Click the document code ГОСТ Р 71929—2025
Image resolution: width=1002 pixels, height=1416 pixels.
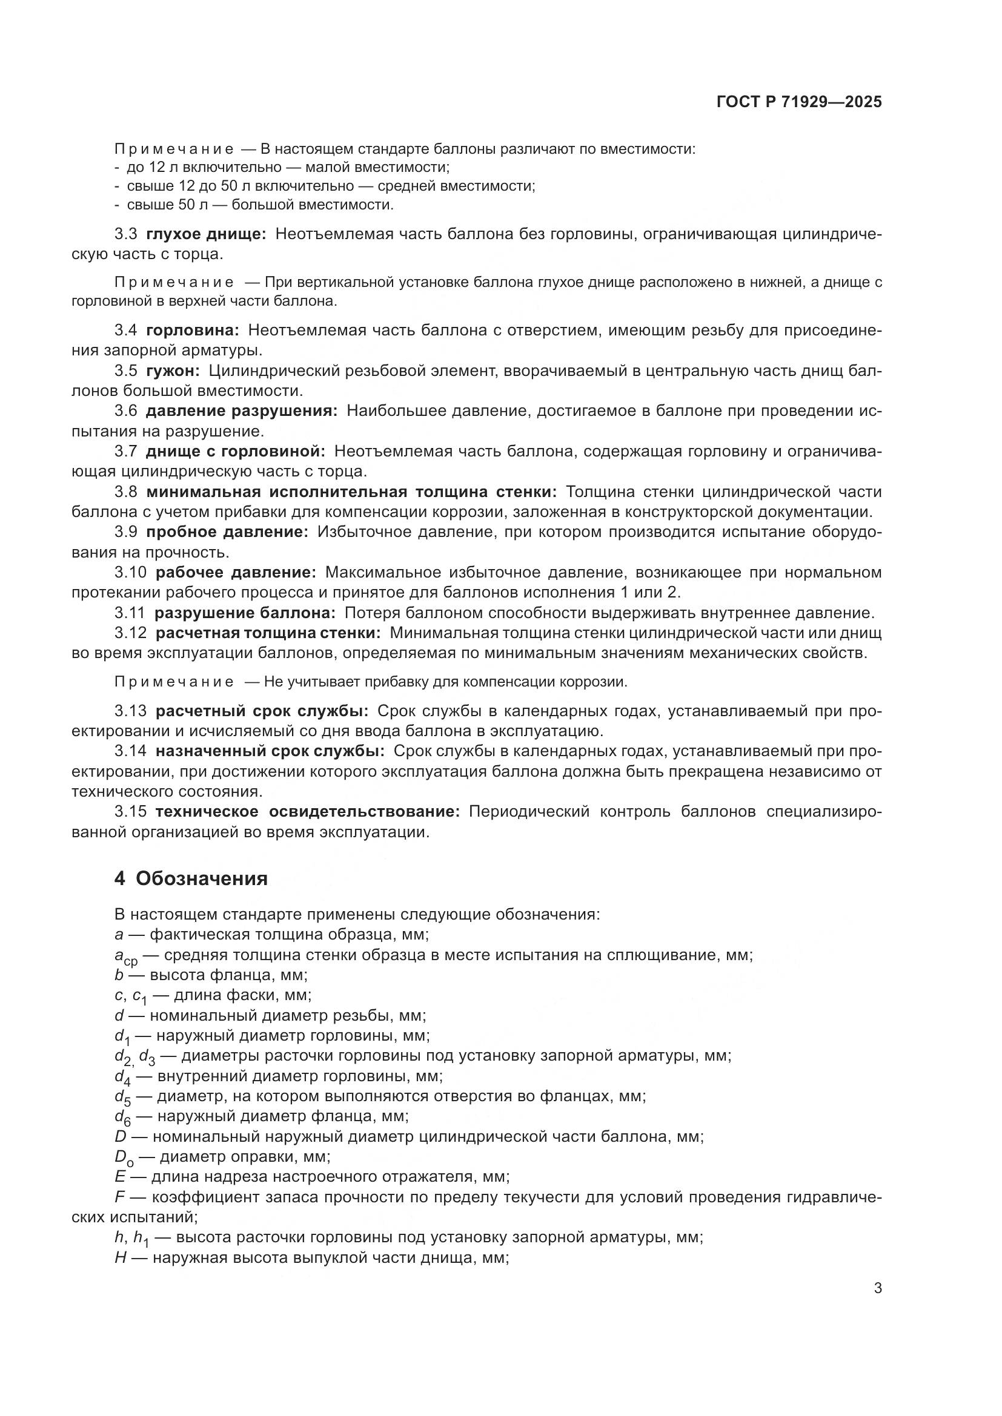tap(799, 102)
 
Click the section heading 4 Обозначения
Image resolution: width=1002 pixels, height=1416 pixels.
tap(191, 879)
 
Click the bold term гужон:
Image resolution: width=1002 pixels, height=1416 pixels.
tap(173, 370)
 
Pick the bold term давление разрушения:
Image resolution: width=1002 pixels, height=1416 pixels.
tap(241, 410)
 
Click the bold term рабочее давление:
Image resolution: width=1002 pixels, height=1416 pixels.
tap(236, 572)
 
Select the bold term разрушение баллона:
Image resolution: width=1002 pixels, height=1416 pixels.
tap(245, 613)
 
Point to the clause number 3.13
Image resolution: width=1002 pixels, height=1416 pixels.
tap(130, 711)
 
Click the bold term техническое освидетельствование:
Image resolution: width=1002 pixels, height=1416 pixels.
tap(307, 812)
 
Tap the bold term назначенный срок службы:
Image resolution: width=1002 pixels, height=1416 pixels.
tap(270, 751)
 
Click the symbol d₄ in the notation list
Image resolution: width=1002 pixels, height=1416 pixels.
tap(122, 1077)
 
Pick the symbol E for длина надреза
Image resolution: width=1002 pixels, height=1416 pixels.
tap(120, 1177)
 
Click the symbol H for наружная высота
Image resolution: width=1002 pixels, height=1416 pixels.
tap(121, 1257)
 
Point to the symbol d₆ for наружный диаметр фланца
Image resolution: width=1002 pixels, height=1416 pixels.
tap(122, 1117)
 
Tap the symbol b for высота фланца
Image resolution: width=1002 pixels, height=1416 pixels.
tap(119, 975)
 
